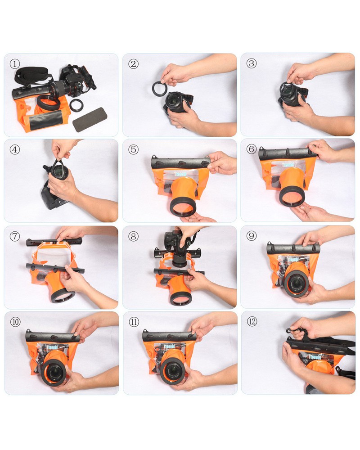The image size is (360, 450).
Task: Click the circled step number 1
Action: coord(15,64)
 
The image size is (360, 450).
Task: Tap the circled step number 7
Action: coord(15,236)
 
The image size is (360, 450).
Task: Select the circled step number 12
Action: coord(252,322)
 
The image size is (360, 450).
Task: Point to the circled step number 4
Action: coord(15,149)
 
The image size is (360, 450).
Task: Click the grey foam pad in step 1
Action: coord(90,120)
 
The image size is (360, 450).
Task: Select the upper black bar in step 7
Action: coord(54,242)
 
